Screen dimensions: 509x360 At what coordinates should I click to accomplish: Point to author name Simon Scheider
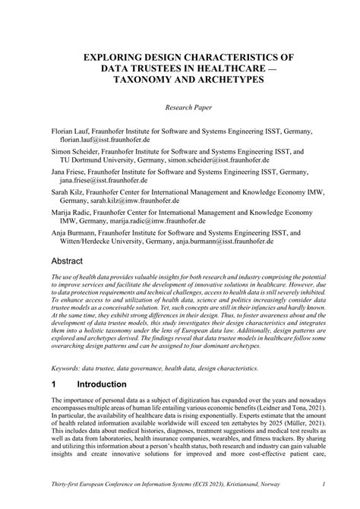pos(74,151)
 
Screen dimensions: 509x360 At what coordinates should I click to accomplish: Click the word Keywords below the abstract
pos(66,367)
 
